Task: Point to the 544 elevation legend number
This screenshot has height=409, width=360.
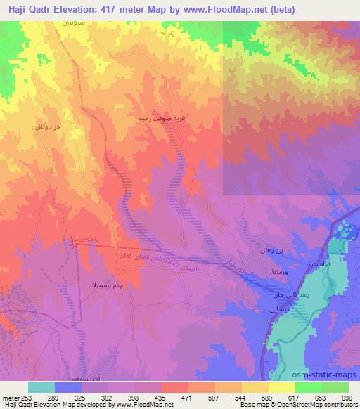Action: point(240,397)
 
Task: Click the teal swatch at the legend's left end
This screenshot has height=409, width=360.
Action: point(41,387)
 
